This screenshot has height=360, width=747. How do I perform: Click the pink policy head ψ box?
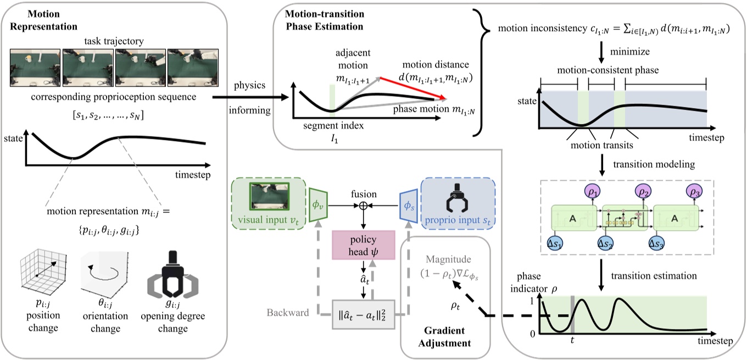363,245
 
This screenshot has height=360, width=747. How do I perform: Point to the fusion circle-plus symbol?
363,206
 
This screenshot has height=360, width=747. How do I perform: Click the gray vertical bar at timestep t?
572,314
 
